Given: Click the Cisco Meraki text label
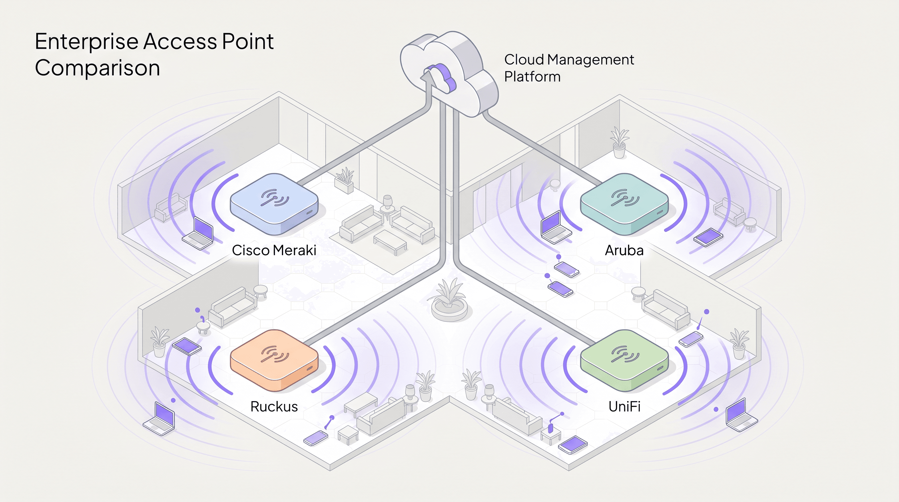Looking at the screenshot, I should tap(274, 250).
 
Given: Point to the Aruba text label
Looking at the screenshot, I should tap(624, 250).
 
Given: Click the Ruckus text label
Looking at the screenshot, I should tap(274, 407).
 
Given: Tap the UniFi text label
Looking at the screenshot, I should tap(624, 407).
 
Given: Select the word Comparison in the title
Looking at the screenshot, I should tap(97, 68).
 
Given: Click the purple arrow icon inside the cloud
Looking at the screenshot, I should tap(440, 77).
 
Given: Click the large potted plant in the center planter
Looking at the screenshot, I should tap(449, 300).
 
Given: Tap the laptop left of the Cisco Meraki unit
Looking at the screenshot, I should tap(199, 233).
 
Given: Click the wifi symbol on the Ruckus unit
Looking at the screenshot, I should tap(275, 354).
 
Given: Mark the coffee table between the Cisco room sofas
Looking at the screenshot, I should tap(390, 241).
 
